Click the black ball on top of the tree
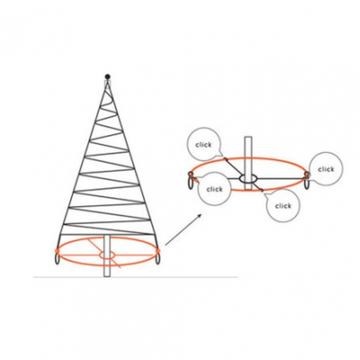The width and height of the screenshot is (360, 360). (x=107, y=77)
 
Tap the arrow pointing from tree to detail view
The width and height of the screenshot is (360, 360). (x=183, y=230)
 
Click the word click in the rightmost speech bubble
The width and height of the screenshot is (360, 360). (x=326, y=169)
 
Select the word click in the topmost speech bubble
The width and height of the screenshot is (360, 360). (x=204, y=145)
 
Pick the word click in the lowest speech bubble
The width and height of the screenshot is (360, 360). (x=283, y=206)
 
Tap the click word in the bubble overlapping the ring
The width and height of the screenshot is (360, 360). (x=215, y=189)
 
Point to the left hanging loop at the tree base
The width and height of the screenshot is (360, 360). (x=57, y=259)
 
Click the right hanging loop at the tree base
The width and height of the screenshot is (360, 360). (x=157, y=259)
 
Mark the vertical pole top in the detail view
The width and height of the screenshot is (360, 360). (x=248, y=137)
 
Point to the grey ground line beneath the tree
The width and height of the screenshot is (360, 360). (x=135, y=277)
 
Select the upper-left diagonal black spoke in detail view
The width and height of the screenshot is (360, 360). (x=233, y=167)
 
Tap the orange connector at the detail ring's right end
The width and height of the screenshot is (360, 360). (x=306, y=174)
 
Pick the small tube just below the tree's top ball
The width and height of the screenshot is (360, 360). (x=107, y=83)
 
